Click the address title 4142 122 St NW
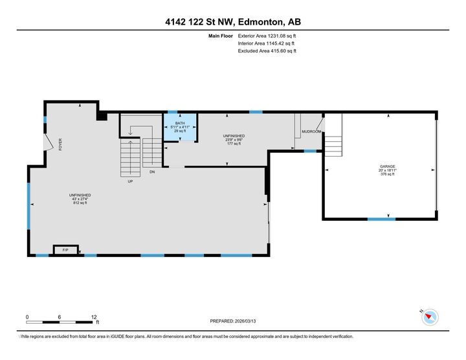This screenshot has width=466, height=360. click(x=233, y=21)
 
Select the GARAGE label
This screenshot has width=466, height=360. click(x=387, y=166)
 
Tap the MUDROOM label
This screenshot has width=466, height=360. click(x=311, y=131)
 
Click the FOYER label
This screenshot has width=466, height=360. click(x=60, y=144)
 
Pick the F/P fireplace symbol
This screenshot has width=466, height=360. click(x=65, y=250)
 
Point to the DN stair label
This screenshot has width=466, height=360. click(x=152, y=172)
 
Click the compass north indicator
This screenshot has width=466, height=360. click(x=430, y=317)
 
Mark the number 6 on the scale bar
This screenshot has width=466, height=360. click(x=60, y=317)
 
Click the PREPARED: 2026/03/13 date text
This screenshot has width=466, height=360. click(x=238, y=321)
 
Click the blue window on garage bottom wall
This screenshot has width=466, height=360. click(x=381, y=219)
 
